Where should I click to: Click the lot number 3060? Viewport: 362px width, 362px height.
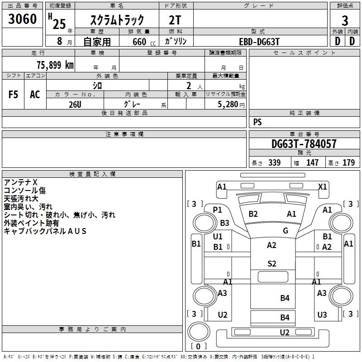coord(23,19)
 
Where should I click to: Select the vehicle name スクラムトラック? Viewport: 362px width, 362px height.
coord(117,20)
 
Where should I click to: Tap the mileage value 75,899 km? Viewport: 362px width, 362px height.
coord(55,65)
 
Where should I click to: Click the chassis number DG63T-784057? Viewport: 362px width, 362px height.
coord(304,144)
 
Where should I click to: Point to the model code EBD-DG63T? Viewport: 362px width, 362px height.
coord(259,42)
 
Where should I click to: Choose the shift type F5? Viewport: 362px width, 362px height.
coord(13,95)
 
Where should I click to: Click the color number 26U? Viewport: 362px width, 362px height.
coord(75,104)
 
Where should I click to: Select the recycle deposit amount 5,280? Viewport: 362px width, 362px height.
coord(228,104)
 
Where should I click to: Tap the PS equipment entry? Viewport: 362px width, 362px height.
coord(257,122)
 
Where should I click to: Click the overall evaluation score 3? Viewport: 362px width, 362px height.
coord(345,20)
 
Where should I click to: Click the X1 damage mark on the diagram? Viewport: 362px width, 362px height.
coord(323,186)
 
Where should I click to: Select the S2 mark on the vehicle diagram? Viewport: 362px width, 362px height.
coord(271,264)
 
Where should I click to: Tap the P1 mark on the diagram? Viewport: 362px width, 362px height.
coord(218,210)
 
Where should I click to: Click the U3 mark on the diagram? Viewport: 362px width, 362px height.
coord(322,314)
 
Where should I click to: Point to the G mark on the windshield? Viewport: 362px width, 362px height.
coord(285,231)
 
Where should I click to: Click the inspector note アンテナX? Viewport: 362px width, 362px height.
coord(20,182)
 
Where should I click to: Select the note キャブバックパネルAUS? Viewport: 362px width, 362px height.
coord(45,231)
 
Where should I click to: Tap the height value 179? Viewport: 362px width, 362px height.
coord(349,163)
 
